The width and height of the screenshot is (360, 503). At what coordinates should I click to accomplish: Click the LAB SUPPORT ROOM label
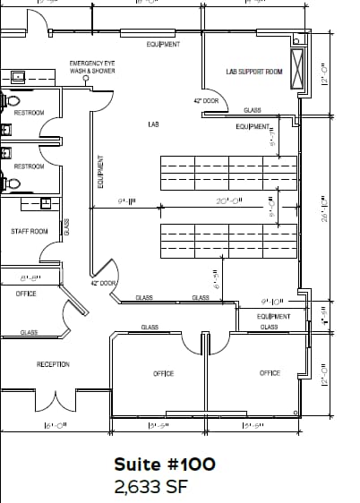click(x=254, y=72)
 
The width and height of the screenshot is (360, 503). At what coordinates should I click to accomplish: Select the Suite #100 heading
click(x=164, y=465)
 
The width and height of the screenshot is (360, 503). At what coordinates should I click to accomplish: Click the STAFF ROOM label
click(x=30, y=231)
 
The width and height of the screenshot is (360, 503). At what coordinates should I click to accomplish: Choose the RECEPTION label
click(x=53, y=364)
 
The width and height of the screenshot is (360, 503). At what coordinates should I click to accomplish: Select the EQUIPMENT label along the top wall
click(x=162, y=44)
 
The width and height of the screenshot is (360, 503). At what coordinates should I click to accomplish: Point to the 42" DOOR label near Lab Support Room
click(x=206, y=101)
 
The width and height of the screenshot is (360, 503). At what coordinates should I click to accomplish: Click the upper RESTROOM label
click(x=29, y=114)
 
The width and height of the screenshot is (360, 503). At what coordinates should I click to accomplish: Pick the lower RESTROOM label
click(x=29, y=166)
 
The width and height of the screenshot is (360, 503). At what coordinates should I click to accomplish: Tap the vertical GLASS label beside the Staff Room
click(x=66, y=228)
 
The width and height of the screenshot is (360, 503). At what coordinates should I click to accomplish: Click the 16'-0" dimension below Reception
click(x=53, y=426)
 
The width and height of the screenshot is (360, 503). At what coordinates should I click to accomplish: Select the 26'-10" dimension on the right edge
click(x=325, y=209)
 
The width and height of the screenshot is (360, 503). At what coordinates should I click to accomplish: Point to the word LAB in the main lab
click(x=153, y=125)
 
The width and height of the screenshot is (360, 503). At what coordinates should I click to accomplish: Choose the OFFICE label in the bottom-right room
click(x=270, y=373)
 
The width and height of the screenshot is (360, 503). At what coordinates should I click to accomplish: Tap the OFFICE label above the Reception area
click(x=26, y=294)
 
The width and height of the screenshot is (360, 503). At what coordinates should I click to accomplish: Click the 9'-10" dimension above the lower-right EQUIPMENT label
click(x=271, y=302)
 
